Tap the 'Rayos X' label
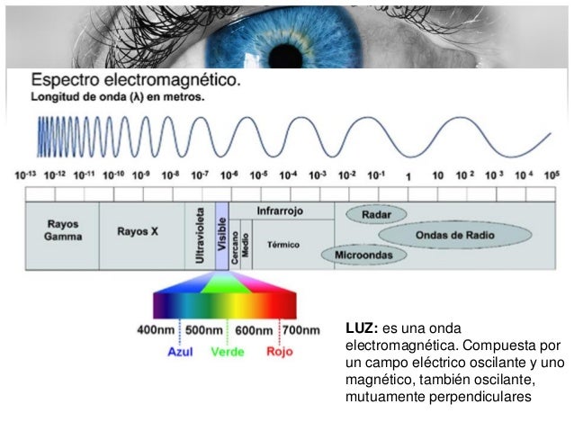[x=138, y=231]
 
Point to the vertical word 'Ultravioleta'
[x=200, y=237]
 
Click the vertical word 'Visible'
[x=221, y=236]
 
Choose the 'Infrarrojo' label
[x=280, y=211]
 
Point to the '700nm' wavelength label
[x=300, y=331]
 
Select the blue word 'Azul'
[x=182, y=352]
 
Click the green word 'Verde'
[x=228, y=352]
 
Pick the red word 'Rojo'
[x=279, y=352]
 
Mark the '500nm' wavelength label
[x=204, y=331]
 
